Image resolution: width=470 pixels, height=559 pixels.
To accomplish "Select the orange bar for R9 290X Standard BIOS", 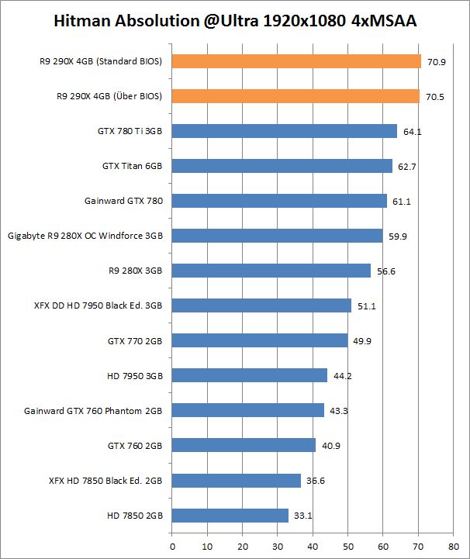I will point(296,61).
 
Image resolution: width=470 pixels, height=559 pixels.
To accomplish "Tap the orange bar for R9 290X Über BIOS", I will point(295,96).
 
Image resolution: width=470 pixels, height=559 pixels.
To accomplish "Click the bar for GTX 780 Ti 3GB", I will point(285,131).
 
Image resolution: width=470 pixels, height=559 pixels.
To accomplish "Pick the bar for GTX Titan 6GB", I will point(282,166).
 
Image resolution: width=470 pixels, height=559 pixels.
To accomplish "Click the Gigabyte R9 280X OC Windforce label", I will point(85,236).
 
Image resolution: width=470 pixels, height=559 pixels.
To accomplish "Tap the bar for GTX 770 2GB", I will point(260,340).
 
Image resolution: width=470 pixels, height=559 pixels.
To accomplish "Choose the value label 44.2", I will point(342,376).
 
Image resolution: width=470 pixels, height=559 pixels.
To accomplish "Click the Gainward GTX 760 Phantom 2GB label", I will point(93,410).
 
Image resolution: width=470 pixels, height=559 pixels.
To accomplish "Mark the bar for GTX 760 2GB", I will point(244,445).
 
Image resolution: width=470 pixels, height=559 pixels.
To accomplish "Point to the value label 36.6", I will point(315,481).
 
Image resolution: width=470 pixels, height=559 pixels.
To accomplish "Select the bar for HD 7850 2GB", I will point(230,515).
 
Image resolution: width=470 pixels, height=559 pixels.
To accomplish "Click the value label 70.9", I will point(435,62).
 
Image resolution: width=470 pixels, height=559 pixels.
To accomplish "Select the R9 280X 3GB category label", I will point(136,271).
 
